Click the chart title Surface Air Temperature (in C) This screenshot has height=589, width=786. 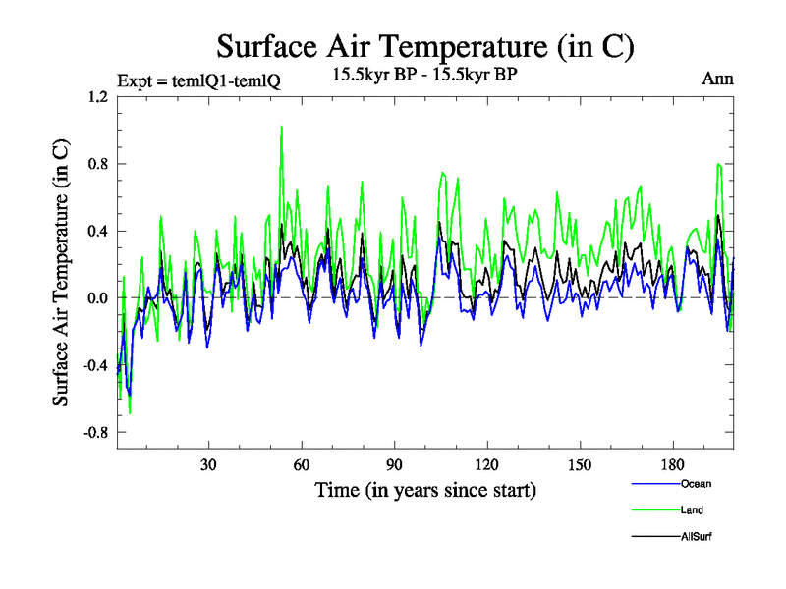[424, 45]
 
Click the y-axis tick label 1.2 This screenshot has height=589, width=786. [97, 98]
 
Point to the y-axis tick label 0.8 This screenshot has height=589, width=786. [97, 164]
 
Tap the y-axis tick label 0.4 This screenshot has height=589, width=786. [97, 232]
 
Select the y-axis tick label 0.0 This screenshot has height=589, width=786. [97, 298]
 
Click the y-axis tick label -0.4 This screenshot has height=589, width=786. [94, 365]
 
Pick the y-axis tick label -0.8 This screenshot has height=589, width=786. [94, 432]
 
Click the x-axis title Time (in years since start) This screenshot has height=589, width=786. [424, 489]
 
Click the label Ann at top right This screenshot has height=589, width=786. [717, 79]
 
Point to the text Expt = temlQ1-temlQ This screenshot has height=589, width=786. [198, 81]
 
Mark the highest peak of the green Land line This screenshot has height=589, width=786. [281, 127]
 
